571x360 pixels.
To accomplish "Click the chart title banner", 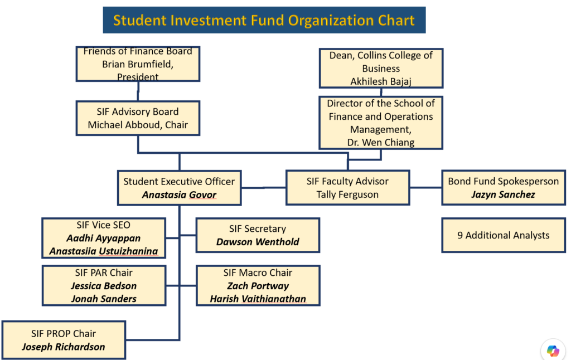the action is (x=264, y=20).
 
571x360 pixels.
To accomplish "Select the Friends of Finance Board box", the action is (x=138, y=64).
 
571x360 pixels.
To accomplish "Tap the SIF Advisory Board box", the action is (x=138, y=118).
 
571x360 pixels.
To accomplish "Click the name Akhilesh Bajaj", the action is (x=381, y=81).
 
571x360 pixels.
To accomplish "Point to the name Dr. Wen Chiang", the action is (x=381, y=142).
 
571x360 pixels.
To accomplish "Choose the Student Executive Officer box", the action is (x=180, y=188).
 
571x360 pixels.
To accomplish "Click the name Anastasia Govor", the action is (x=180, y=194).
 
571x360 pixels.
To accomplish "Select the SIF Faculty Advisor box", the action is (x=348, y=187).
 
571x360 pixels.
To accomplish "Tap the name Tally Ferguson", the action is (x=347, y=194).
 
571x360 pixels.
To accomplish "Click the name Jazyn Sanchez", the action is (x=504, y=194).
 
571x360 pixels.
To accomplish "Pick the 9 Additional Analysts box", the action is (x=504, y=235).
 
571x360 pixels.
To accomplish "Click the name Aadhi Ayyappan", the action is (x=103, y=238).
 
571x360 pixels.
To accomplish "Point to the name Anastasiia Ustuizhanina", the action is (x=104, y=251).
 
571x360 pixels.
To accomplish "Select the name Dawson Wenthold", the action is (x=258, y=242).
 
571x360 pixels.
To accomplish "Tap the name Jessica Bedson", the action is (x=104, y=286).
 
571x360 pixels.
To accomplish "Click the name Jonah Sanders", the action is (x=104, y=299).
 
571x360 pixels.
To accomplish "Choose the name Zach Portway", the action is (x=258, y=286).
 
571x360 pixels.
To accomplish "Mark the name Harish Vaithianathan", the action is (x=258, y=299).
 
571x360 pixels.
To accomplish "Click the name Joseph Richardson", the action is (x=64, y=347).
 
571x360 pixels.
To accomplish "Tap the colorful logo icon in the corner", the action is (x=553, y=351).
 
